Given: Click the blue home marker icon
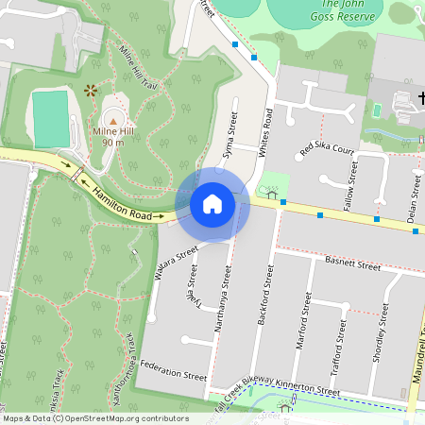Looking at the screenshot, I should click(x=212, y=204).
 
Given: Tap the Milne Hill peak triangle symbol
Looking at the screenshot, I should click(x=113, y=121).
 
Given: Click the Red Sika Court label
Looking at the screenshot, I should click(x=326, y=149).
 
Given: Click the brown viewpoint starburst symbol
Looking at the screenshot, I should click(x=90, y=91).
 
